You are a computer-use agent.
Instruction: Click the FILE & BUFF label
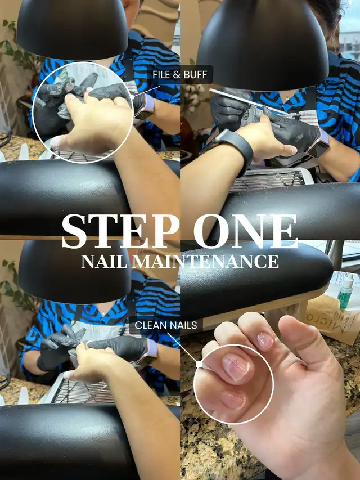(179, 74)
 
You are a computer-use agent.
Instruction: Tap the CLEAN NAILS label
(165, 325)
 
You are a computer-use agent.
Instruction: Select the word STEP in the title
(120, 231)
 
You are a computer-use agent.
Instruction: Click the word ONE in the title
(245, 231)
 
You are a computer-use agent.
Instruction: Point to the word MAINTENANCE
(205, 262)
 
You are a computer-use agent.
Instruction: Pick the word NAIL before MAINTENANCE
(104, 262)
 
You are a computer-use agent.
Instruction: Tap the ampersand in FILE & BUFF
(177, 74)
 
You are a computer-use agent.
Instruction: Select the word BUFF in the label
(195, 74)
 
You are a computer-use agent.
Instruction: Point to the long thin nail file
(248, 101)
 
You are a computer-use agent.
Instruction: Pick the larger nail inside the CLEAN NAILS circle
(236, 367)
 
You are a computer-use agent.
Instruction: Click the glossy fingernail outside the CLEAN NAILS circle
(265, 340)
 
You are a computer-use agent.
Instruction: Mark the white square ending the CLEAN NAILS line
(199, 364)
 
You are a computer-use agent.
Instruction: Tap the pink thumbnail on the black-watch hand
(292, 150)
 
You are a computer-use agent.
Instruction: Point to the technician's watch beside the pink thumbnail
(318, 143)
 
